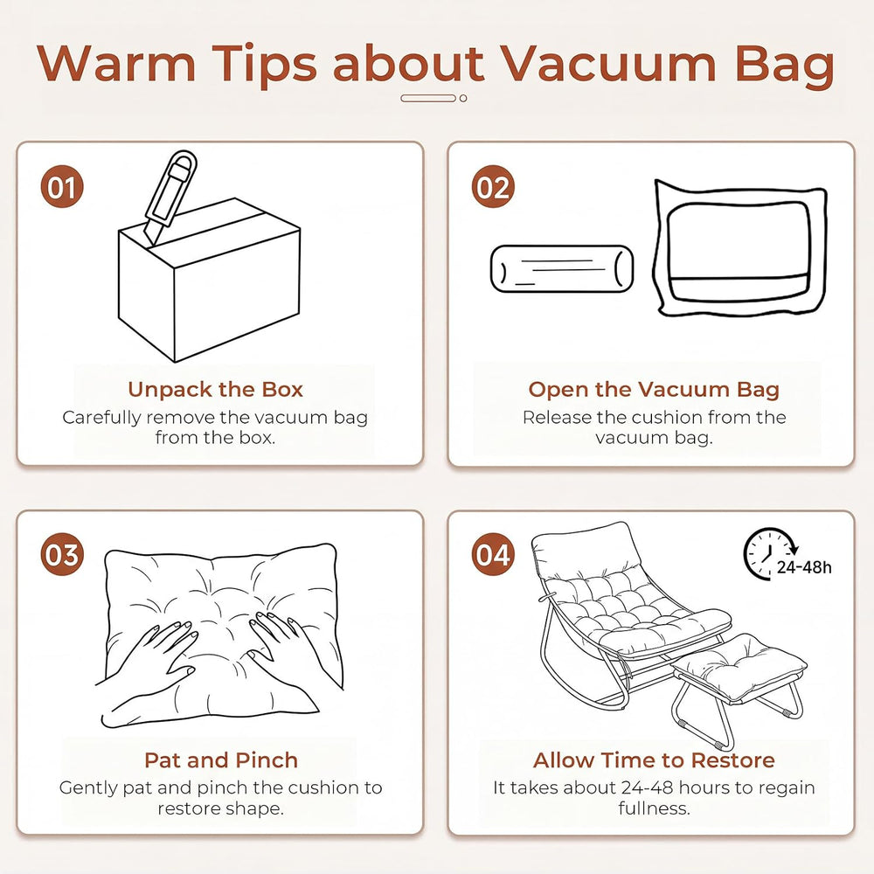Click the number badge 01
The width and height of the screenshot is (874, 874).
tap(62, 187)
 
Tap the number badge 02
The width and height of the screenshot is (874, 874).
tap(493, 187)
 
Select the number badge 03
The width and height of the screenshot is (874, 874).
tap(62, 555)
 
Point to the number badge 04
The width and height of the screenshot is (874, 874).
tap(493, 555)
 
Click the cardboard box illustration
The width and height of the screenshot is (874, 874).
tap(209, 280)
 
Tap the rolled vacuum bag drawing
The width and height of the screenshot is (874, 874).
tap(562, 268)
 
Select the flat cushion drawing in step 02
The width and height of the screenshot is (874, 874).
tap(740, 248)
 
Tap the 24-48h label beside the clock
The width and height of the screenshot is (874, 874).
tap(804, 567)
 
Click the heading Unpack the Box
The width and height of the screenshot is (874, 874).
tap(215, 389)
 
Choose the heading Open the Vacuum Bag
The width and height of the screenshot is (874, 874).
tap(654, 389)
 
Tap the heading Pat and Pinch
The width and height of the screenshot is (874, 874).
tap(221, 760)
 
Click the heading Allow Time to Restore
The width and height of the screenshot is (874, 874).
tap(654, 760)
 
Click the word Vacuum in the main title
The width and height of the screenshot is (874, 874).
tap(608, 62)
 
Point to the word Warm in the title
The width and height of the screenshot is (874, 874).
tap(116, 62)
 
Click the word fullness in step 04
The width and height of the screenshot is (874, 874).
tap(654, 808)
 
